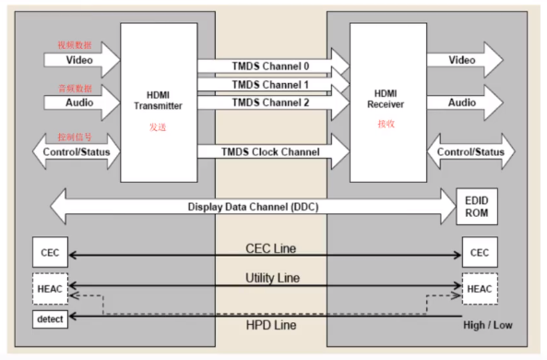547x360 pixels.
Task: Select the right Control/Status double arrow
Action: click(470, 151)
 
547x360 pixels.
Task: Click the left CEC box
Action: click(49, 252)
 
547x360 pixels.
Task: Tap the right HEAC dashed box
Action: click(480, 289)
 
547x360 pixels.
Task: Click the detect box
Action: click(49, 319)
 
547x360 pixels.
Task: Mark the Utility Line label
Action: click(270, 277)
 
